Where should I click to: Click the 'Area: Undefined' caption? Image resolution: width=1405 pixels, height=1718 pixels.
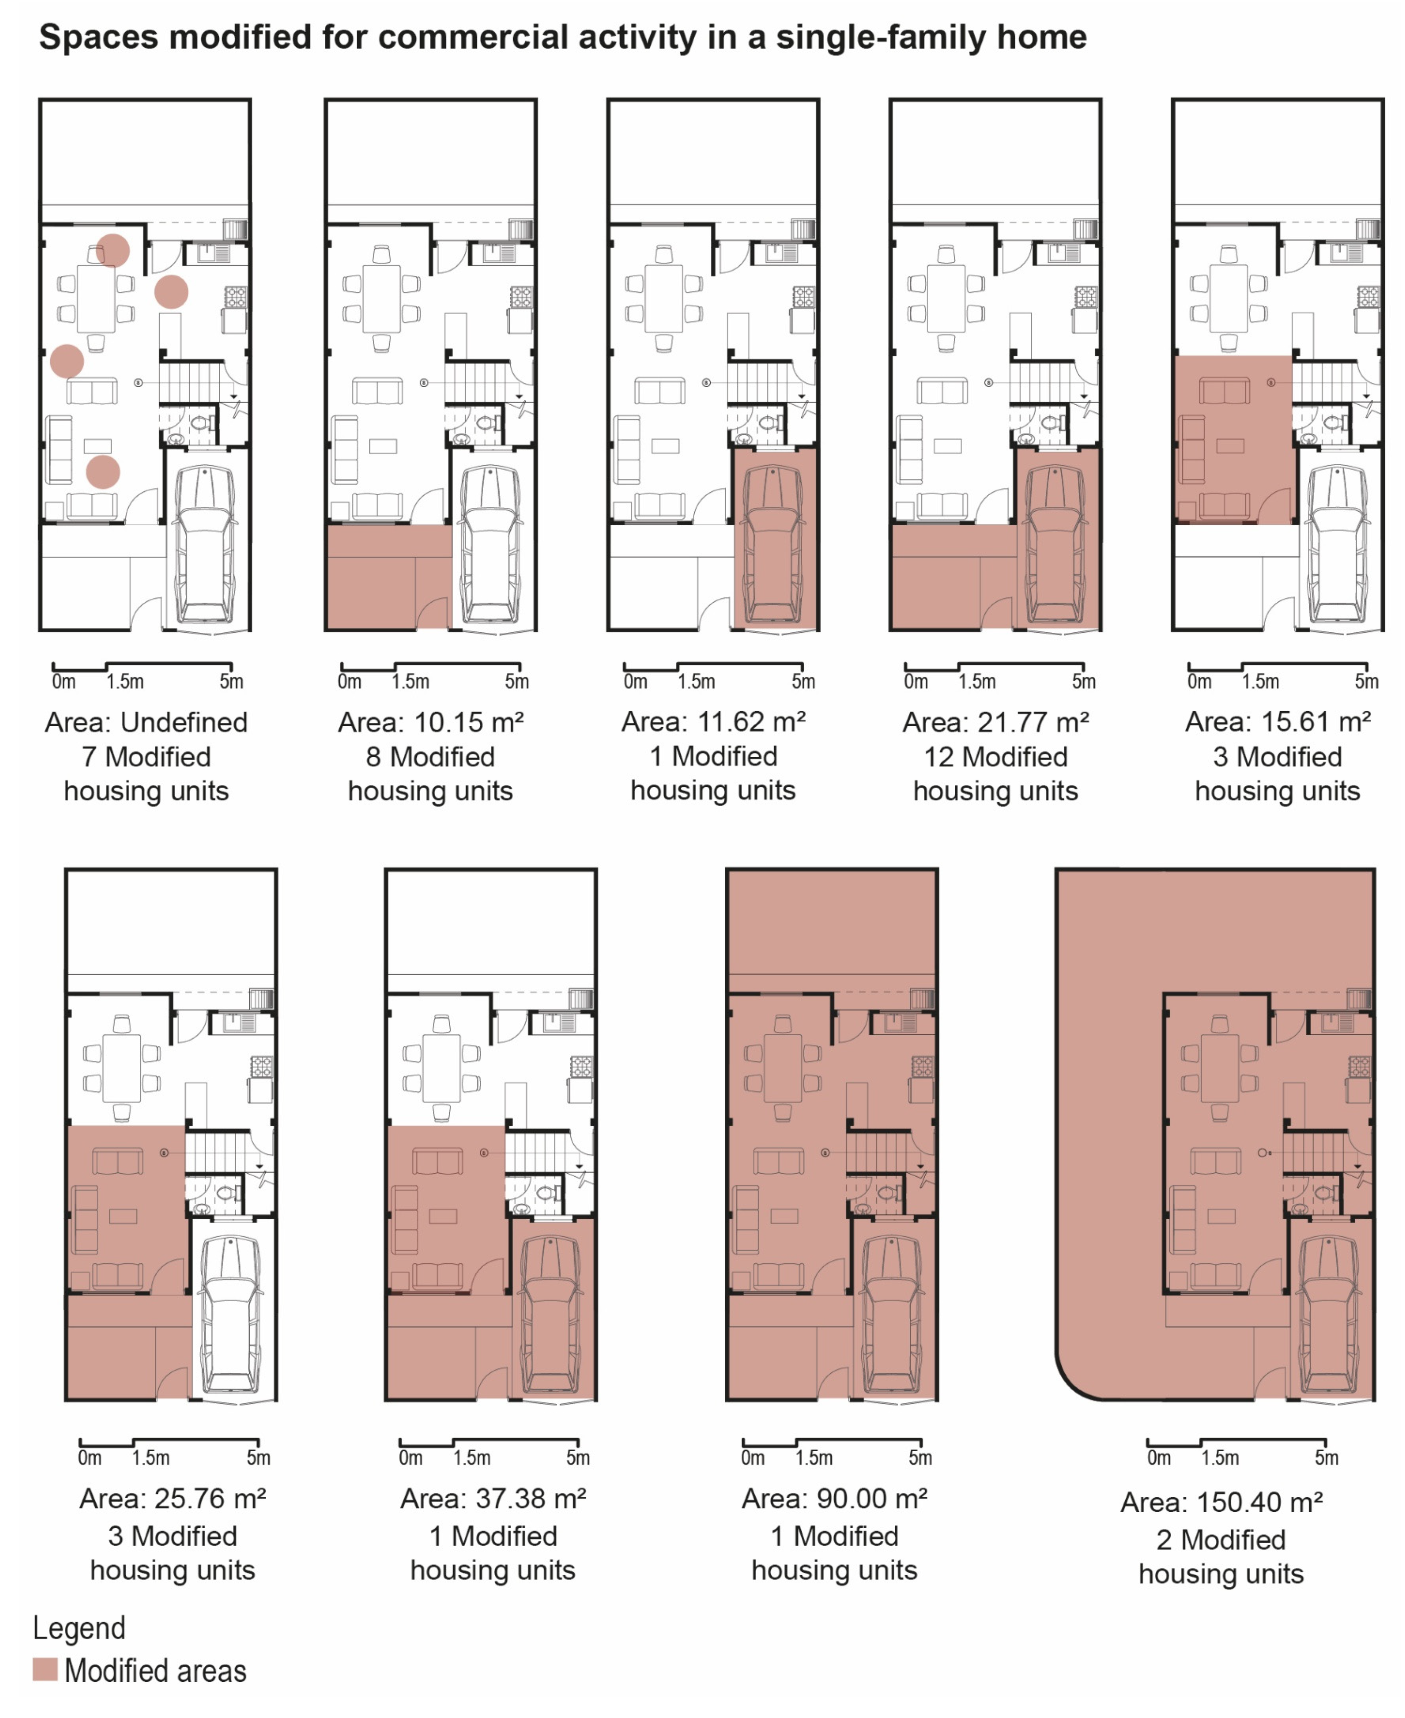(147, 722)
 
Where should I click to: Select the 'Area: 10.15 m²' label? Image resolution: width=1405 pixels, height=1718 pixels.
(431, 722)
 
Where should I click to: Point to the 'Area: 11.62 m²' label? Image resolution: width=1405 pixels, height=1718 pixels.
(713, 721)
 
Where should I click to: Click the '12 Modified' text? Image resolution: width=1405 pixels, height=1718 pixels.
(996, 757)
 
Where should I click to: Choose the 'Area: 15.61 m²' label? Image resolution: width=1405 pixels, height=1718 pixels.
(1278, 721)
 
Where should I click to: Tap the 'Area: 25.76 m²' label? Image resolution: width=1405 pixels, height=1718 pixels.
(172, 1499)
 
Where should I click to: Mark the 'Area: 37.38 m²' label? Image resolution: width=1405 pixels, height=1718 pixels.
(493, 1499)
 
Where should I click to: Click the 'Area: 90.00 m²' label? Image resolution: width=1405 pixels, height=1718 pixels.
(834, 1499)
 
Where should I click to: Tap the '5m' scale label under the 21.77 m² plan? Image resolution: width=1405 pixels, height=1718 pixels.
(1084, 682)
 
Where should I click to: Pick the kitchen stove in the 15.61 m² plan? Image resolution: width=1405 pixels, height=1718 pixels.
(1368, 296)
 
